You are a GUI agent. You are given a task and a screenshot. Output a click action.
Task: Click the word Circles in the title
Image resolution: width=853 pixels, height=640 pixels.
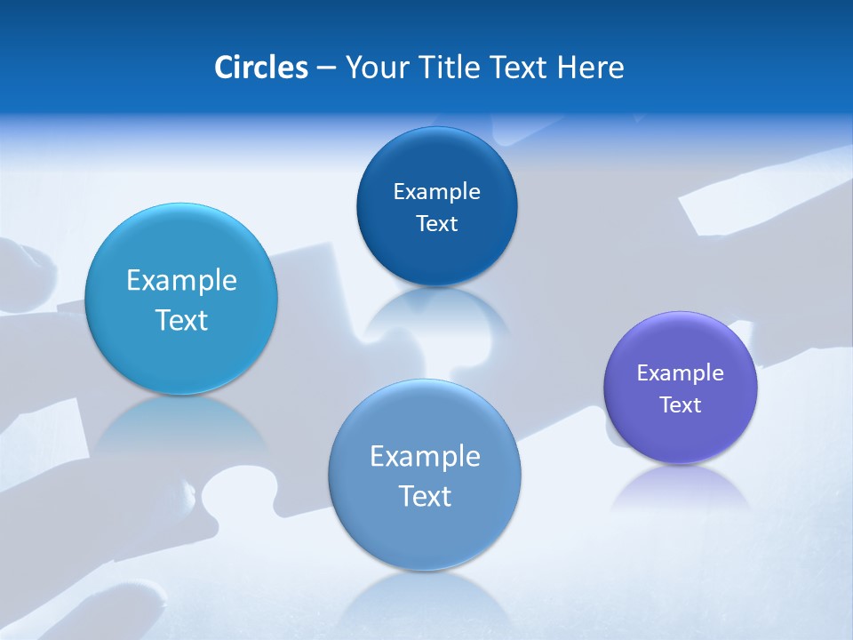click(260, 68)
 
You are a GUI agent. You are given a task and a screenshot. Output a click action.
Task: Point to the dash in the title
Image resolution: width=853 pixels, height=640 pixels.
click(325, 68)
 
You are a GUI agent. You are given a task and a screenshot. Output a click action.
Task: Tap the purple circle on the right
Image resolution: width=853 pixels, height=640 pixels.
click(681, 436)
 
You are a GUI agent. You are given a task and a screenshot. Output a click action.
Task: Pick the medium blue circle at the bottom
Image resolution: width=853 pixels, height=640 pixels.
click(425, 533)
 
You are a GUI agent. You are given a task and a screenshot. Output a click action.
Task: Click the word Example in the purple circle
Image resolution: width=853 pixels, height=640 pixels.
click(681, 373)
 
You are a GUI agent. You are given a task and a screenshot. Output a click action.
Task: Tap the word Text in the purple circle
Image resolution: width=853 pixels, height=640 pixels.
click(681, 405)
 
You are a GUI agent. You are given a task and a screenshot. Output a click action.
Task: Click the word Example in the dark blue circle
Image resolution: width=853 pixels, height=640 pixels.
click(436, 192)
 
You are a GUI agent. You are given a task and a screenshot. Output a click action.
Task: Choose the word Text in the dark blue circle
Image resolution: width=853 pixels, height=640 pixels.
click(436, 224)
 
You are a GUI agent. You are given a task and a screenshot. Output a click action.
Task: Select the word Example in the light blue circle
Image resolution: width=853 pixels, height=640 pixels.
click(181, 281)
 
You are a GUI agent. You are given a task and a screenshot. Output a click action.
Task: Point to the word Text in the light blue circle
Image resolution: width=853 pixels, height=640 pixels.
click(181, 320)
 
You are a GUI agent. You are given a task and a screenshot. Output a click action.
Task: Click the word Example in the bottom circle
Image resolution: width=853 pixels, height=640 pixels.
click(425, 457)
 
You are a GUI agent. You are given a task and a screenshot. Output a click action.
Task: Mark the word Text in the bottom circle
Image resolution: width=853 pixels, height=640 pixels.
click(425, 496)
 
